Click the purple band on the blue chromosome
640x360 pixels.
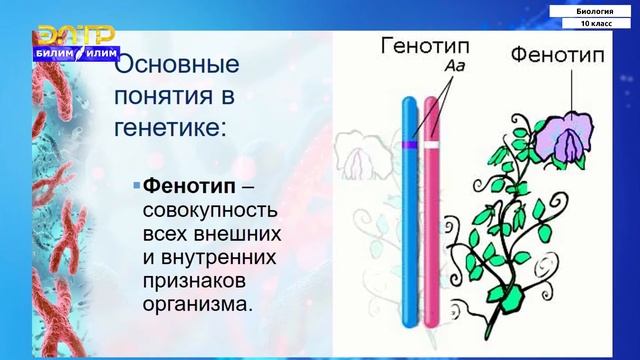point(410,146)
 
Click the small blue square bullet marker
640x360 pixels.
point(137,187)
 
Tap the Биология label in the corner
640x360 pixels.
point(594,9)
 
